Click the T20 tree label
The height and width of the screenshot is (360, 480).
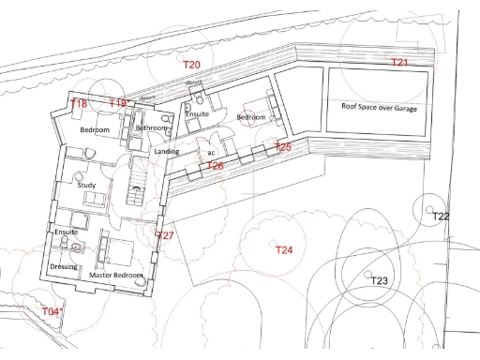tap(191, 64)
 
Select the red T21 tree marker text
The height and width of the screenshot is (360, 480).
tap(400, 62)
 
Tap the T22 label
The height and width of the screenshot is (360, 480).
tap(441, 217)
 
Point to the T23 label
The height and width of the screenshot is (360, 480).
tap(379, 281)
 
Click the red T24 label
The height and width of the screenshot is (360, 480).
tap(283, 250)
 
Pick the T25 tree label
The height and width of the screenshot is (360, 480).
tap(283, 147)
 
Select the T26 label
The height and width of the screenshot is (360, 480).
tap(215, 166)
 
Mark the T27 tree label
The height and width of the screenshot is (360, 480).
tap(165, 235)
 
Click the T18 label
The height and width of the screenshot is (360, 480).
tap(80, 104)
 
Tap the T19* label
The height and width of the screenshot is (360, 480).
tap(119, 103)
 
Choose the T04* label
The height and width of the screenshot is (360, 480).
tap(52, 311)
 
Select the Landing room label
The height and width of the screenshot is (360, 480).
tap(167, 151)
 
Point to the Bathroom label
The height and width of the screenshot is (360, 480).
tap(151, 127)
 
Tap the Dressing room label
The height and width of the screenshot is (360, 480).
tap(63, 267)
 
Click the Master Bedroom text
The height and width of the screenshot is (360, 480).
tap(116, 276)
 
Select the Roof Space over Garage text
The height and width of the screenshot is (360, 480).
tap(379, 109)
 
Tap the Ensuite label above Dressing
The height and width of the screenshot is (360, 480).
tap(66, 232)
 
